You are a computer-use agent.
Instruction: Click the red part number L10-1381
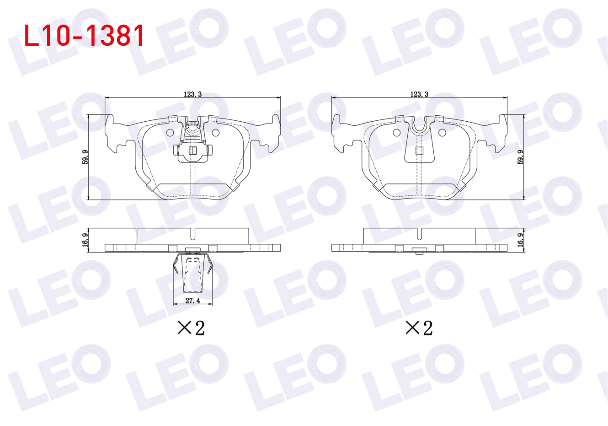click(84, 36)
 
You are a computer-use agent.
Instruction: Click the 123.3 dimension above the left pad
click(192, 94)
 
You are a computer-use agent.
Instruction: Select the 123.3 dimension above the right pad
click(419, 94)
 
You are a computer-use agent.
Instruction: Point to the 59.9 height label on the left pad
click(85, 157)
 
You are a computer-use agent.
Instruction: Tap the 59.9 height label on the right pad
click(520, 157)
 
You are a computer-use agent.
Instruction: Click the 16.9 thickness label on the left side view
click(85, 240)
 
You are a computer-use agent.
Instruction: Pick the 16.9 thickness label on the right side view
click(520, 240)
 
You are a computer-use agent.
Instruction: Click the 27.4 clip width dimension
click(193, 301)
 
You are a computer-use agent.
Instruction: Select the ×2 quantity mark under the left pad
click(191, 328)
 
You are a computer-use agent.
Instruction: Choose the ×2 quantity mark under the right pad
click(419, 328)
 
